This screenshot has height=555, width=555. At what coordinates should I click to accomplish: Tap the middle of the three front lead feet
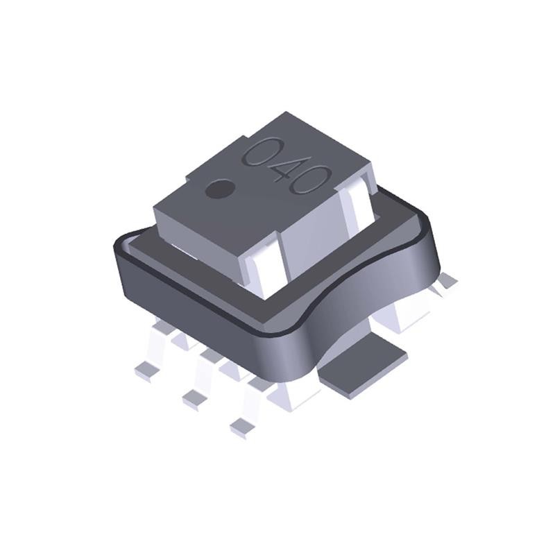(194, 397)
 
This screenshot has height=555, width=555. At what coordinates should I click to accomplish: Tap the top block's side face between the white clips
(312, 236)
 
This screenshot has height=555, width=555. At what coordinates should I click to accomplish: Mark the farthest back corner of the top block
(287, 112)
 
